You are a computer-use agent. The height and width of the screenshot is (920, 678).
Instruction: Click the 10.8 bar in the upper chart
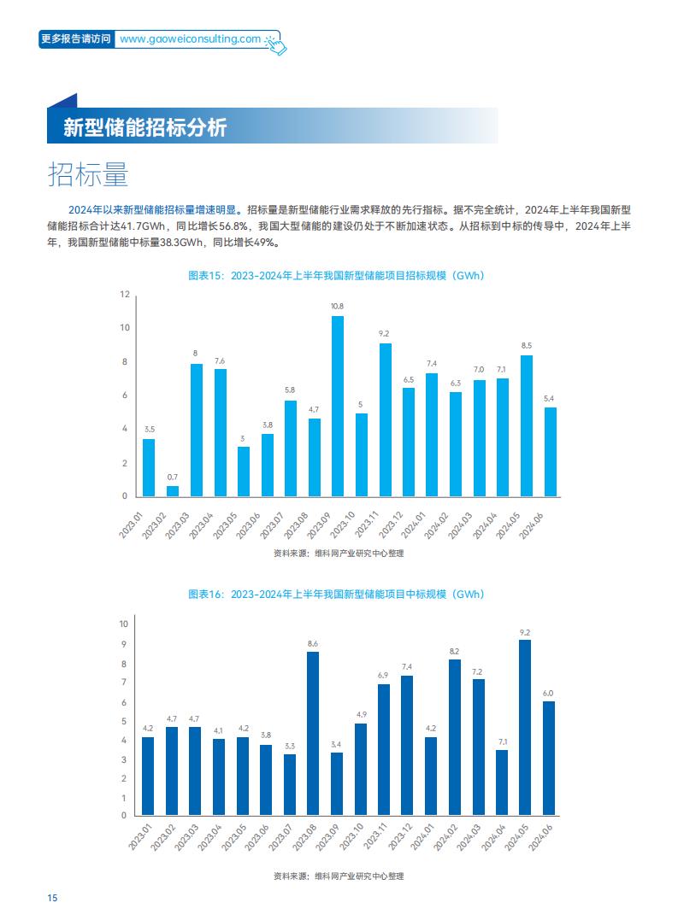[x=338, y=406]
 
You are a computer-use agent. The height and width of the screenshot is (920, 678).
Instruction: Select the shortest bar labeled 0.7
[x=173, y=491]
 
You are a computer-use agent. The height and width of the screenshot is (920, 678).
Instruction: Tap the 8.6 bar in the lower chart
[x=313, y=734]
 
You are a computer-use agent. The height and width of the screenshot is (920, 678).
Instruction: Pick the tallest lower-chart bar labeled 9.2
[x=525, y=728]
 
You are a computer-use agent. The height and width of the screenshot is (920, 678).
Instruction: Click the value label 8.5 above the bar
[x=527, y=346]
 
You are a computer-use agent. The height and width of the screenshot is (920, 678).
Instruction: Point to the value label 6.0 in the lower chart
[x=548, y=693]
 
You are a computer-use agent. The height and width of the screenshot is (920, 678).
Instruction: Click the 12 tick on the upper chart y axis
[x=125, y=294]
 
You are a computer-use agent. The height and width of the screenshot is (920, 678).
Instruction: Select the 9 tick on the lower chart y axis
[x=124, y=643]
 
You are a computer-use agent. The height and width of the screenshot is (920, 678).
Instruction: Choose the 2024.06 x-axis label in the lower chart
[x=540, y=838]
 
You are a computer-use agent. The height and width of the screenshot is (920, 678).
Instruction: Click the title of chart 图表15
[x=336, y=275]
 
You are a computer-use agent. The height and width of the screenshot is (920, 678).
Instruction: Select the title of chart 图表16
[x=336, y=594]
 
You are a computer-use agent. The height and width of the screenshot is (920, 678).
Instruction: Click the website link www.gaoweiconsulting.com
[x=190, y=38]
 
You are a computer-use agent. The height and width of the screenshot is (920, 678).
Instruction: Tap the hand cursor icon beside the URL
[x=275, y=44]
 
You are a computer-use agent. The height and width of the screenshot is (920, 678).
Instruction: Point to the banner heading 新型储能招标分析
[x=145, y=127]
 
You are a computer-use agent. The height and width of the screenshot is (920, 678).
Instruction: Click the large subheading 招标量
[x=88, y=174]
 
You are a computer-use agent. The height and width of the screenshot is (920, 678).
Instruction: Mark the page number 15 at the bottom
[x=52, y=898]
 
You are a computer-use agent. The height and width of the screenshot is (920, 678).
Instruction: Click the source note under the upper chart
[x=339, y=553]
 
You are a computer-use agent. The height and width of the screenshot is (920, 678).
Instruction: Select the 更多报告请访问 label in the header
[x=76, y=38]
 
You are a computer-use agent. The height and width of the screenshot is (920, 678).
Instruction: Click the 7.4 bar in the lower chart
[x=407, y=745]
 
